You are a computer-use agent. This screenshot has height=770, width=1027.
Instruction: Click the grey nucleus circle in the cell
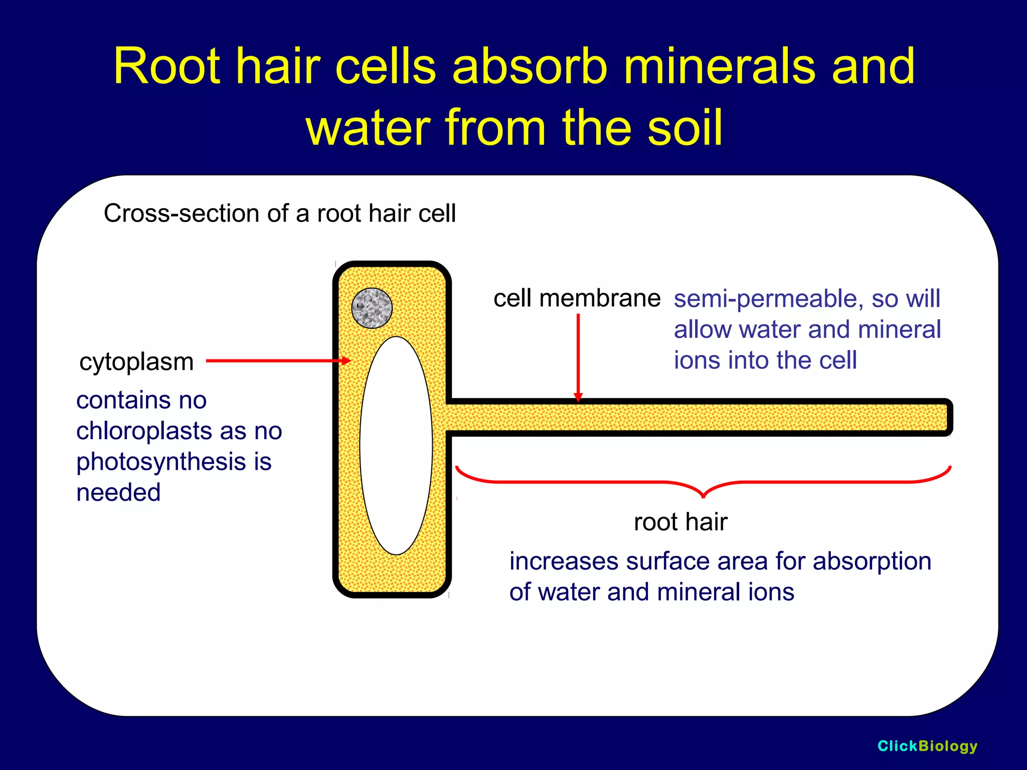(x=372, y=308)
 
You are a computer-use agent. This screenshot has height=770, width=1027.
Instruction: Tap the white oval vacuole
(x=396, y=445)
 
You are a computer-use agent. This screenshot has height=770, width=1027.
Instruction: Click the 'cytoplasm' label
(x=136, y=362)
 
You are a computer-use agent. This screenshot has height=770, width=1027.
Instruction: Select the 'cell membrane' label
(x=577, y=299)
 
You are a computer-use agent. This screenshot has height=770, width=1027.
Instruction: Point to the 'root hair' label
(x=680, y=522)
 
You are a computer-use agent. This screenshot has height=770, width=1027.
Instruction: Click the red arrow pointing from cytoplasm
(x=278, y=360)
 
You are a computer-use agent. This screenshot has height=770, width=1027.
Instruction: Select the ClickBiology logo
(x=927, y=746)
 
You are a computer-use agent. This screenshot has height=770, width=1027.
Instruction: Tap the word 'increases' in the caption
(x=564, y=561)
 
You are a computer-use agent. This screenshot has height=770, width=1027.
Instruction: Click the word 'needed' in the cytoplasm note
(x=118, y=493)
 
